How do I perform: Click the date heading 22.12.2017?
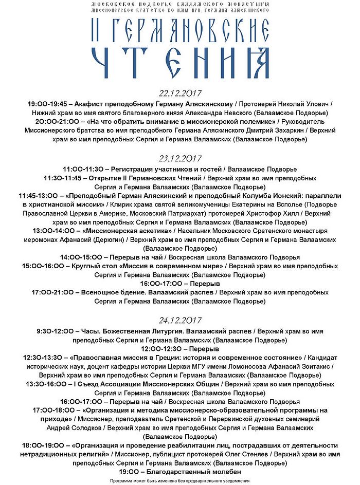179,93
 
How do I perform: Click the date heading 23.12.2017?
179,158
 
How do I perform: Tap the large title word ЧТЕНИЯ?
179,64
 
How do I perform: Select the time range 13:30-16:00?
47,384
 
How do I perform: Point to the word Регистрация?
132,169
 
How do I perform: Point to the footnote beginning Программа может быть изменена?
179,480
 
